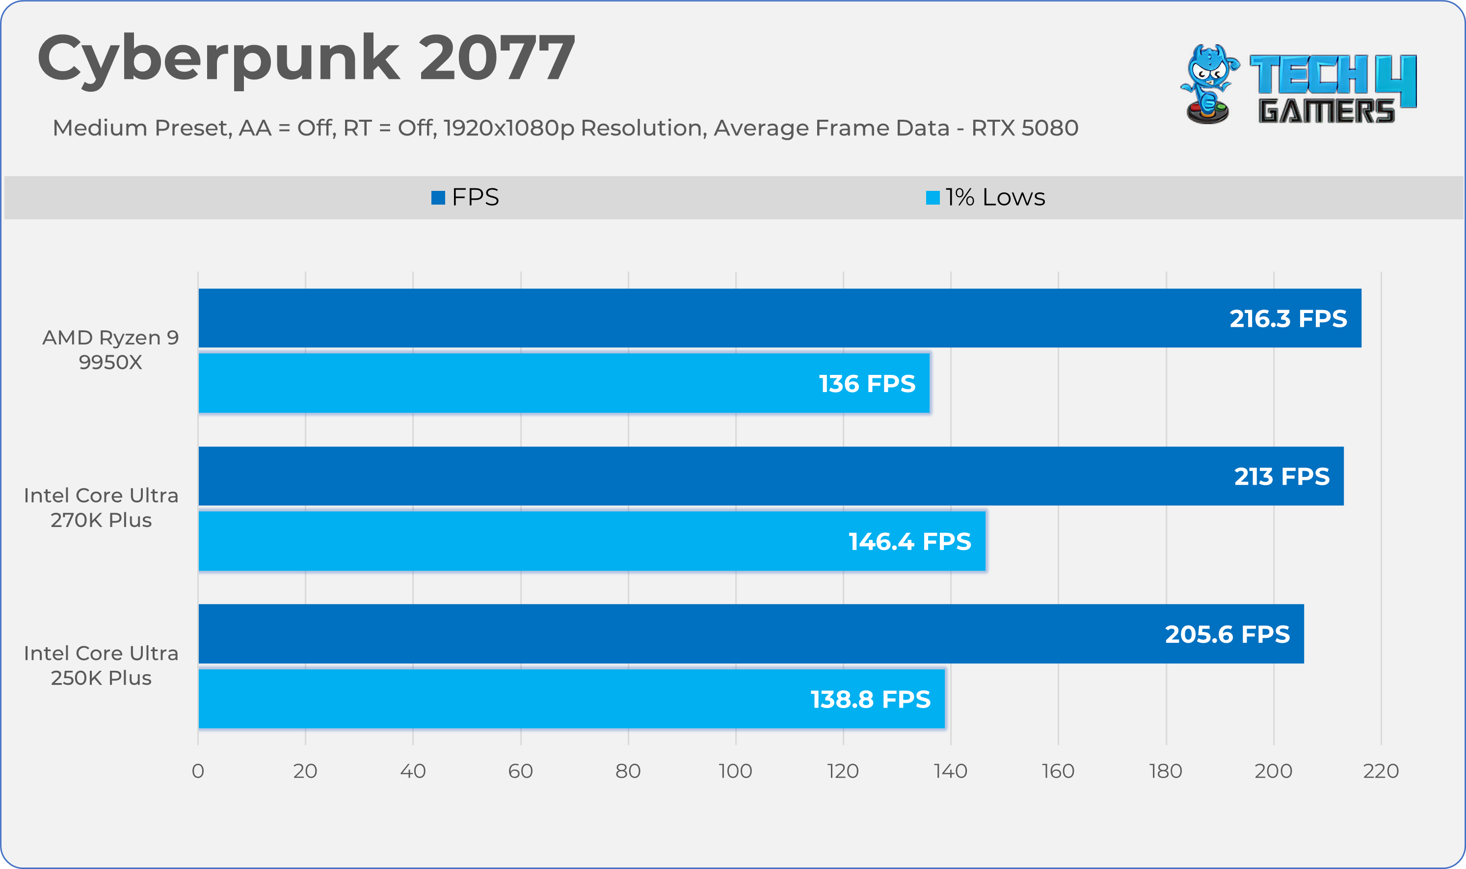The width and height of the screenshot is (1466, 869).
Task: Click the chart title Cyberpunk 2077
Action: pos(306,58)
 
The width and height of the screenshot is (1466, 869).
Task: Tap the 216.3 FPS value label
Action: pos(1288,318)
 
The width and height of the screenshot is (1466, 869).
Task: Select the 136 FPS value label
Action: pos(867,384)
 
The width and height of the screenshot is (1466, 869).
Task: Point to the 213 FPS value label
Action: pos(1281,476)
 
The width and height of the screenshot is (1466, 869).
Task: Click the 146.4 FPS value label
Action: pos(909,541)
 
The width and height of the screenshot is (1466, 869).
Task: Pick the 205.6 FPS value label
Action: pos(1227,634)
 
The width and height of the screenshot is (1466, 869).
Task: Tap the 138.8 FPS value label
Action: pos(870,699)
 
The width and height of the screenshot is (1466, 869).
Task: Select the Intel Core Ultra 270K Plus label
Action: pos(101,508)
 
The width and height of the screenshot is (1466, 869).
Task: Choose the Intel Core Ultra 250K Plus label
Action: pos(101,665)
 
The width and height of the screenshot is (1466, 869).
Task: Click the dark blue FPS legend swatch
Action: pos(438,198)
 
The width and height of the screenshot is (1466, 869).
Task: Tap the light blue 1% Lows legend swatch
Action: pos(933,198)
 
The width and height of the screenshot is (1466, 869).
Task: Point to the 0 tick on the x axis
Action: pos(198,771)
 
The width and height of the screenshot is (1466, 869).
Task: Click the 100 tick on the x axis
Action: pos(736,771)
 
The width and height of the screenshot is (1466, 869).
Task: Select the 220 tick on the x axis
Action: pos(1381,771)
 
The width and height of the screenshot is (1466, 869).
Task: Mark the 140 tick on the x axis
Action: pos(951,771)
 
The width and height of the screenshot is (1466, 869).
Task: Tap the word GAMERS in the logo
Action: pos(1327,111)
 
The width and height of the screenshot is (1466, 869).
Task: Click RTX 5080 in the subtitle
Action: pos(1024,128)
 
